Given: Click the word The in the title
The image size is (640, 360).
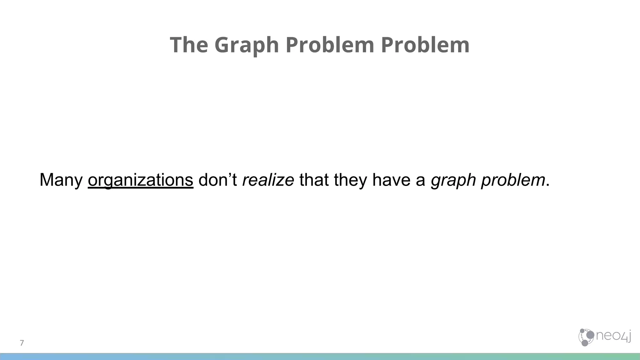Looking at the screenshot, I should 189,45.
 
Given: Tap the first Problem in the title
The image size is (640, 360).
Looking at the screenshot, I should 330,45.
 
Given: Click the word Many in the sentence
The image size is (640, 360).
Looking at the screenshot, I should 61,180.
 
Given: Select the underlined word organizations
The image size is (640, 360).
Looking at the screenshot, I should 140,180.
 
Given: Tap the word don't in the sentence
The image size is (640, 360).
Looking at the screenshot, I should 217,180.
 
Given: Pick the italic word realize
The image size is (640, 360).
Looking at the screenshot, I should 268,180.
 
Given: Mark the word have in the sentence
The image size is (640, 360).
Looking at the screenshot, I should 391,180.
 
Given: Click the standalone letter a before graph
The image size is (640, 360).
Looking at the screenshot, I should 420,181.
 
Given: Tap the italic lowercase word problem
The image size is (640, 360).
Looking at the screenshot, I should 513,180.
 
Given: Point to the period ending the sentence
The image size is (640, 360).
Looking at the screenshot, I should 547,185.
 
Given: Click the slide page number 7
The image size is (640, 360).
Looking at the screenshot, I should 22,343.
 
